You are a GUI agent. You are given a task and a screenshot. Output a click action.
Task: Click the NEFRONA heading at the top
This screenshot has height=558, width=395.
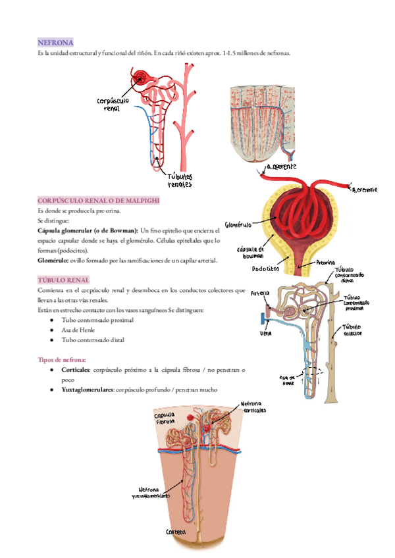[x=56, y=41]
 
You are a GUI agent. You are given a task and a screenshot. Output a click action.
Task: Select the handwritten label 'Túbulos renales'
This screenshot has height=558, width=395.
[x=180, y=180]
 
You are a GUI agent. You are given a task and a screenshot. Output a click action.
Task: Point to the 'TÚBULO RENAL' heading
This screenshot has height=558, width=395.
[x=64, y=280]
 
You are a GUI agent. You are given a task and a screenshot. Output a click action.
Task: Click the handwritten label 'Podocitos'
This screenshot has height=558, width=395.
[x=266, y=268]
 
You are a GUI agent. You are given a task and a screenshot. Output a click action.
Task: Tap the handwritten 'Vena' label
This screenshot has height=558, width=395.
[x=267, y=334]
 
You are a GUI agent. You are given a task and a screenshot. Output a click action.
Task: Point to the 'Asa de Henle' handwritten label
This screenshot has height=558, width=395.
[x=288, y=380]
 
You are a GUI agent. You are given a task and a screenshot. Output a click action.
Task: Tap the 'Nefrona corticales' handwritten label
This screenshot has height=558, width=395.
[x=254, y=407]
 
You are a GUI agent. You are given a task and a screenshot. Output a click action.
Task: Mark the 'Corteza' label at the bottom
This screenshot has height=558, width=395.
[x=176, y=531]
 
